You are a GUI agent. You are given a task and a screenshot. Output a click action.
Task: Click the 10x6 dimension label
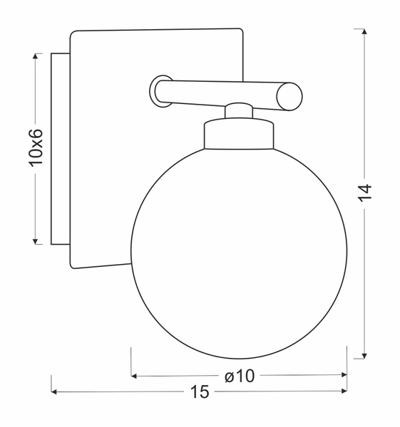tap(36, 148)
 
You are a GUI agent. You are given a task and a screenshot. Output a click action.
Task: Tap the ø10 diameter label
tap(239, 376)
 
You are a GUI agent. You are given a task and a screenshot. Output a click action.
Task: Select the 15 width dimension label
tap(200, 392)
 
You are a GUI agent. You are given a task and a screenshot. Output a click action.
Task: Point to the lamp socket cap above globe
tap(239, 134)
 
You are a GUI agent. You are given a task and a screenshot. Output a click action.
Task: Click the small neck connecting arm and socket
tap(239, 111)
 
